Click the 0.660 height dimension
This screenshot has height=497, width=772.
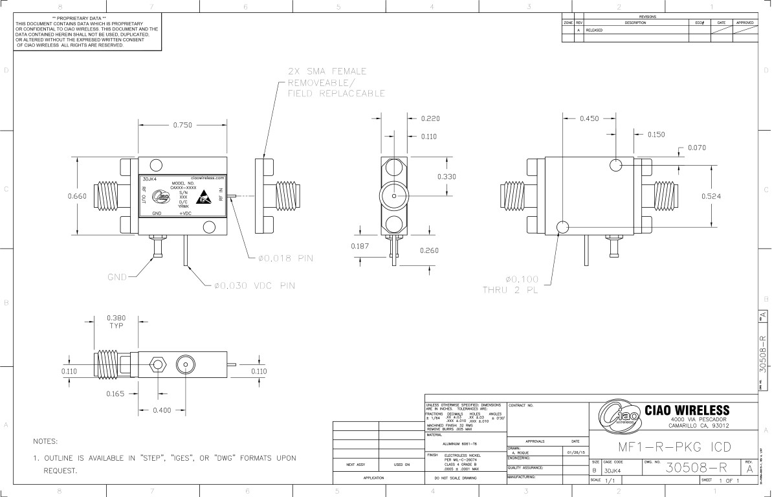[78, 196]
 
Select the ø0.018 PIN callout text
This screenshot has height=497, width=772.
[285, 258]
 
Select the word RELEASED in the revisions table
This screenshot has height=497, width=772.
[594, 30]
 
